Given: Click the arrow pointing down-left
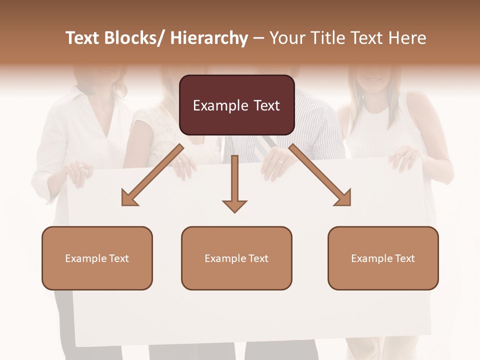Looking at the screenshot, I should point(152,174).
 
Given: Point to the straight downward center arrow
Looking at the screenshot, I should point(234,180).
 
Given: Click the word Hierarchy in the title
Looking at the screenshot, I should point(209,38).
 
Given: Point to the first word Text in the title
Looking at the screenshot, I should point(83,38).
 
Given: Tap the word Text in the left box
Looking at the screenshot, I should point(118,258).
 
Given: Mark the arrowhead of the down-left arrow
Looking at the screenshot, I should point(128,199).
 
